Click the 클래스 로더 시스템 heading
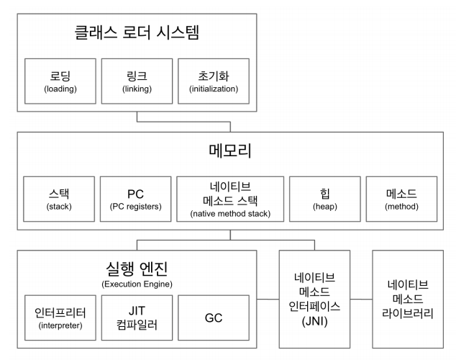(136, 32)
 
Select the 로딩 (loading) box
(60, 81)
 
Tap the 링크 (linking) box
(136, 81)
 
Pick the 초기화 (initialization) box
(213, 81)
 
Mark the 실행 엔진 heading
(136, 269)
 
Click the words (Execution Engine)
(136, 284)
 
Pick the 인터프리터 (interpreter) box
(60, 318)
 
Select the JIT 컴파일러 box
(136, 318)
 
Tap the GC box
(214, 318)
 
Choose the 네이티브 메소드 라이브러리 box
(406, 299)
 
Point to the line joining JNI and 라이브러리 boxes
(361, 298)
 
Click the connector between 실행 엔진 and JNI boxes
(268, 298)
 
